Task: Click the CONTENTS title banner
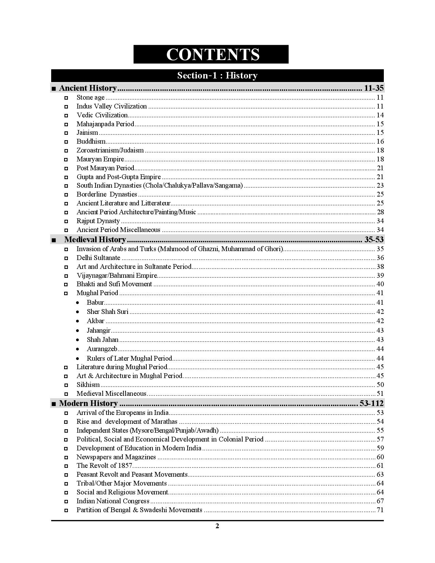click(x=211, y=54)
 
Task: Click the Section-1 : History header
click(x=217, y=75)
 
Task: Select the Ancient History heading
click(x=88, y=88)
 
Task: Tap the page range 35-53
click(x=374, y=240)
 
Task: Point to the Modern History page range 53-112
click(x=371, y=403)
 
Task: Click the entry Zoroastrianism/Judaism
click(x=110, y=150)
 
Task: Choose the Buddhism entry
click(x=91, y=142)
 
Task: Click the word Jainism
click(x=87, y=133)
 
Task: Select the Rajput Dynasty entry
click(x=98, y=221)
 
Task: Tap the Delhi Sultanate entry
click(x=98, y=258)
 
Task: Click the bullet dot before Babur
click(x=78, y=303)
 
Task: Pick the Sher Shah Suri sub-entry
click(x=107, y=312)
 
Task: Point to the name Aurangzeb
click(x=102, y=349)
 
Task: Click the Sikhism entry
click(x=88, y=385)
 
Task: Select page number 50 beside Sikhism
click(x=380, y=385)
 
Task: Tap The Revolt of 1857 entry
click(x=104, y=466)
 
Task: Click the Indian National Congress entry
click(x=113, y=501)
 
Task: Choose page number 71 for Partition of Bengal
click(x=380, y=510)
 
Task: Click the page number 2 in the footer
click(x=217, y=526)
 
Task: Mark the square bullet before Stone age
click(x=66, y=98)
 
